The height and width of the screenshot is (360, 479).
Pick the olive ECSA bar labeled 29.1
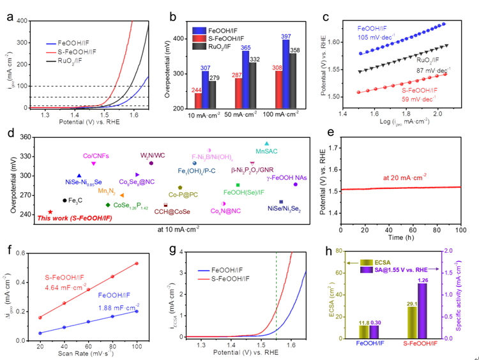412,322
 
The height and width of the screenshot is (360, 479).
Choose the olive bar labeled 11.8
364,331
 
